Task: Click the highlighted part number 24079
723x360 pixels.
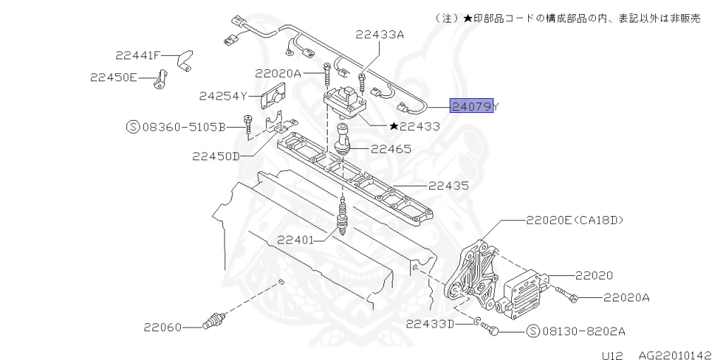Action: pos(472,107)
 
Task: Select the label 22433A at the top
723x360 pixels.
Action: pos(380,34)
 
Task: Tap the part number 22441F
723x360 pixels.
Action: pos(138,54)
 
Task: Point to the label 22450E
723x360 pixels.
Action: pos(113,77)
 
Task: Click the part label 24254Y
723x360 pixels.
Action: pos(222,95)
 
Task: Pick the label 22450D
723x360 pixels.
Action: pos(216,156)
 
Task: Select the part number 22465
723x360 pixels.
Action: pos(391,149)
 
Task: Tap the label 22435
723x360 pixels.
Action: pos(448,186)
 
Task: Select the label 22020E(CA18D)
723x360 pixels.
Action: pos(574,220)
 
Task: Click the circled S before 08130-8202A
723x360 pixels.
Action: pos(533,330)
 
